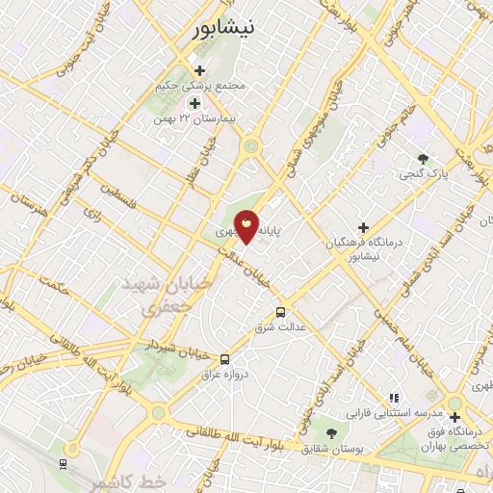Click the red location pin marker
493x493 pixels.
pyautogui.click(x=247, y=227)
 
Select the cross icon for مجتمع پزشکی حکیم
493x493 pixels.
pyautogui.click(x=199, y=70)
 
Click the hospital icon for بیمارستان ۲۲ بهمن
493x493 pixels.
pyautogui.click(x=195, y=103)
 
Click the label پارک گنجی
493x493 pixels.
pyautogui.click(x=424, y=175)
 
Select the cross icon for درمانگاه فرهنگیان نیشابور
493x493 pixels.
pyautogui.click(x=363, y=227)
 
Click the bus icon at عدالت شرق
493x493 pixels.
pyautogui.click(x=280, y=312)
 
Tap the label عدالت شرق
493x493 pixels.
pyautogui.click(x=280, y=328)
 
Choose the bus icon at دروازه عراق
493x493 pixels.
pyautogui.click(x=224, y=359)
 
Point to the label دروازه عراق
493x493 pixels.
pyautogui.click(x=229, y=375)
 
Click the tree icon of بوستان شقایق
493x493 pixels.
pyautogui.click(x=331, y=435)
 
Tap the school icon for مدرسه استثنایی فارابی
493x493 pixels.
pyautogui.click(x=393, y=398)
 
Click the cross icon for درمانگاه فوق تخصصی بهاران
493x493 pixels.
pyautogui.click(x=454, y=417)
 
